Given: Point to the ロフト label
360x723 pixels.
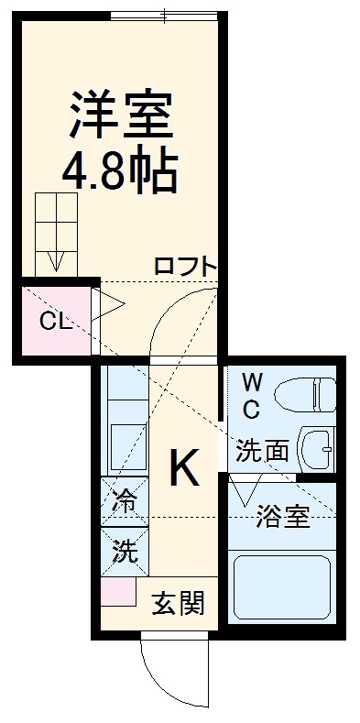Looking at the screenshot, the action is (x=185, y=268).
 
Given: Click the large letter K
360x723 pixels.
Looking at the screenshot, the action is (x=183, y=470).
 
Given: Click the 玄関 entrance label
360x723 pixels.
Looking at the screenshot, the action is (x=178, y=604).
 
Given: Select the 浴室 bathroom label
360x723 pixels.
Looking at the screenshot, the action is (x=281, y=517).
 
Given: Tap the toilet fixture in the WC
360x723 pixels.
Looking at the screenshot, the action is (x=306, y=395).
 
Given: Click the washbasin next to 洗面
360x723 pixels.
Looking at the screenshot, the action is (x=317, y=449).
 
